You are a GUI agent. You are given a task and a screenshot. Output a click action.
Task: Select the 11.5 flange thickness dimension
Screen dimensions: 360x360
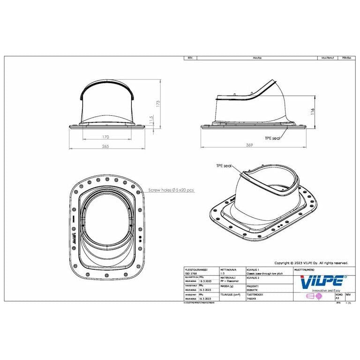coord(150,120)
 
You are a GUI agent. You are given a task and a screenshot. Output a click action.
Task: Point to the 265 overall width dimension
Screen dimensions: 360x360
coord(105,147)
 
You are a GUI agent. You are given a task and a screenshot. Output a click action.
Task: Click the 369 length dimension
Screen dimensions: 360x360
coord(250,146)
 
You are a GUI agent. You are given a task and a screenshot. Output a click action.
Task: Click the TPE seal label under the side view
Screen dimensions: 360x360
coord(272,138)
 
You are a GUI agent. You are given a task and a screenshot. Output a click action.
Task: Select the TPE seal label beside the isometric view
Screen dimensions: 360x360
coord(224,166)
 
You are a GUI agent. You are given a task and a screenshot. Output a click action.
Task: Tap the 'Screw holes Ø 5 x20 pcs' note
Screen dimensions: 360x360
coord(171,190)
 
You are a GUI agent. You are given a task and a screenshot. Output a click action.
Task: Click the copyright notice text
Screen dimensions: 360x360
coord(311,263)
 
